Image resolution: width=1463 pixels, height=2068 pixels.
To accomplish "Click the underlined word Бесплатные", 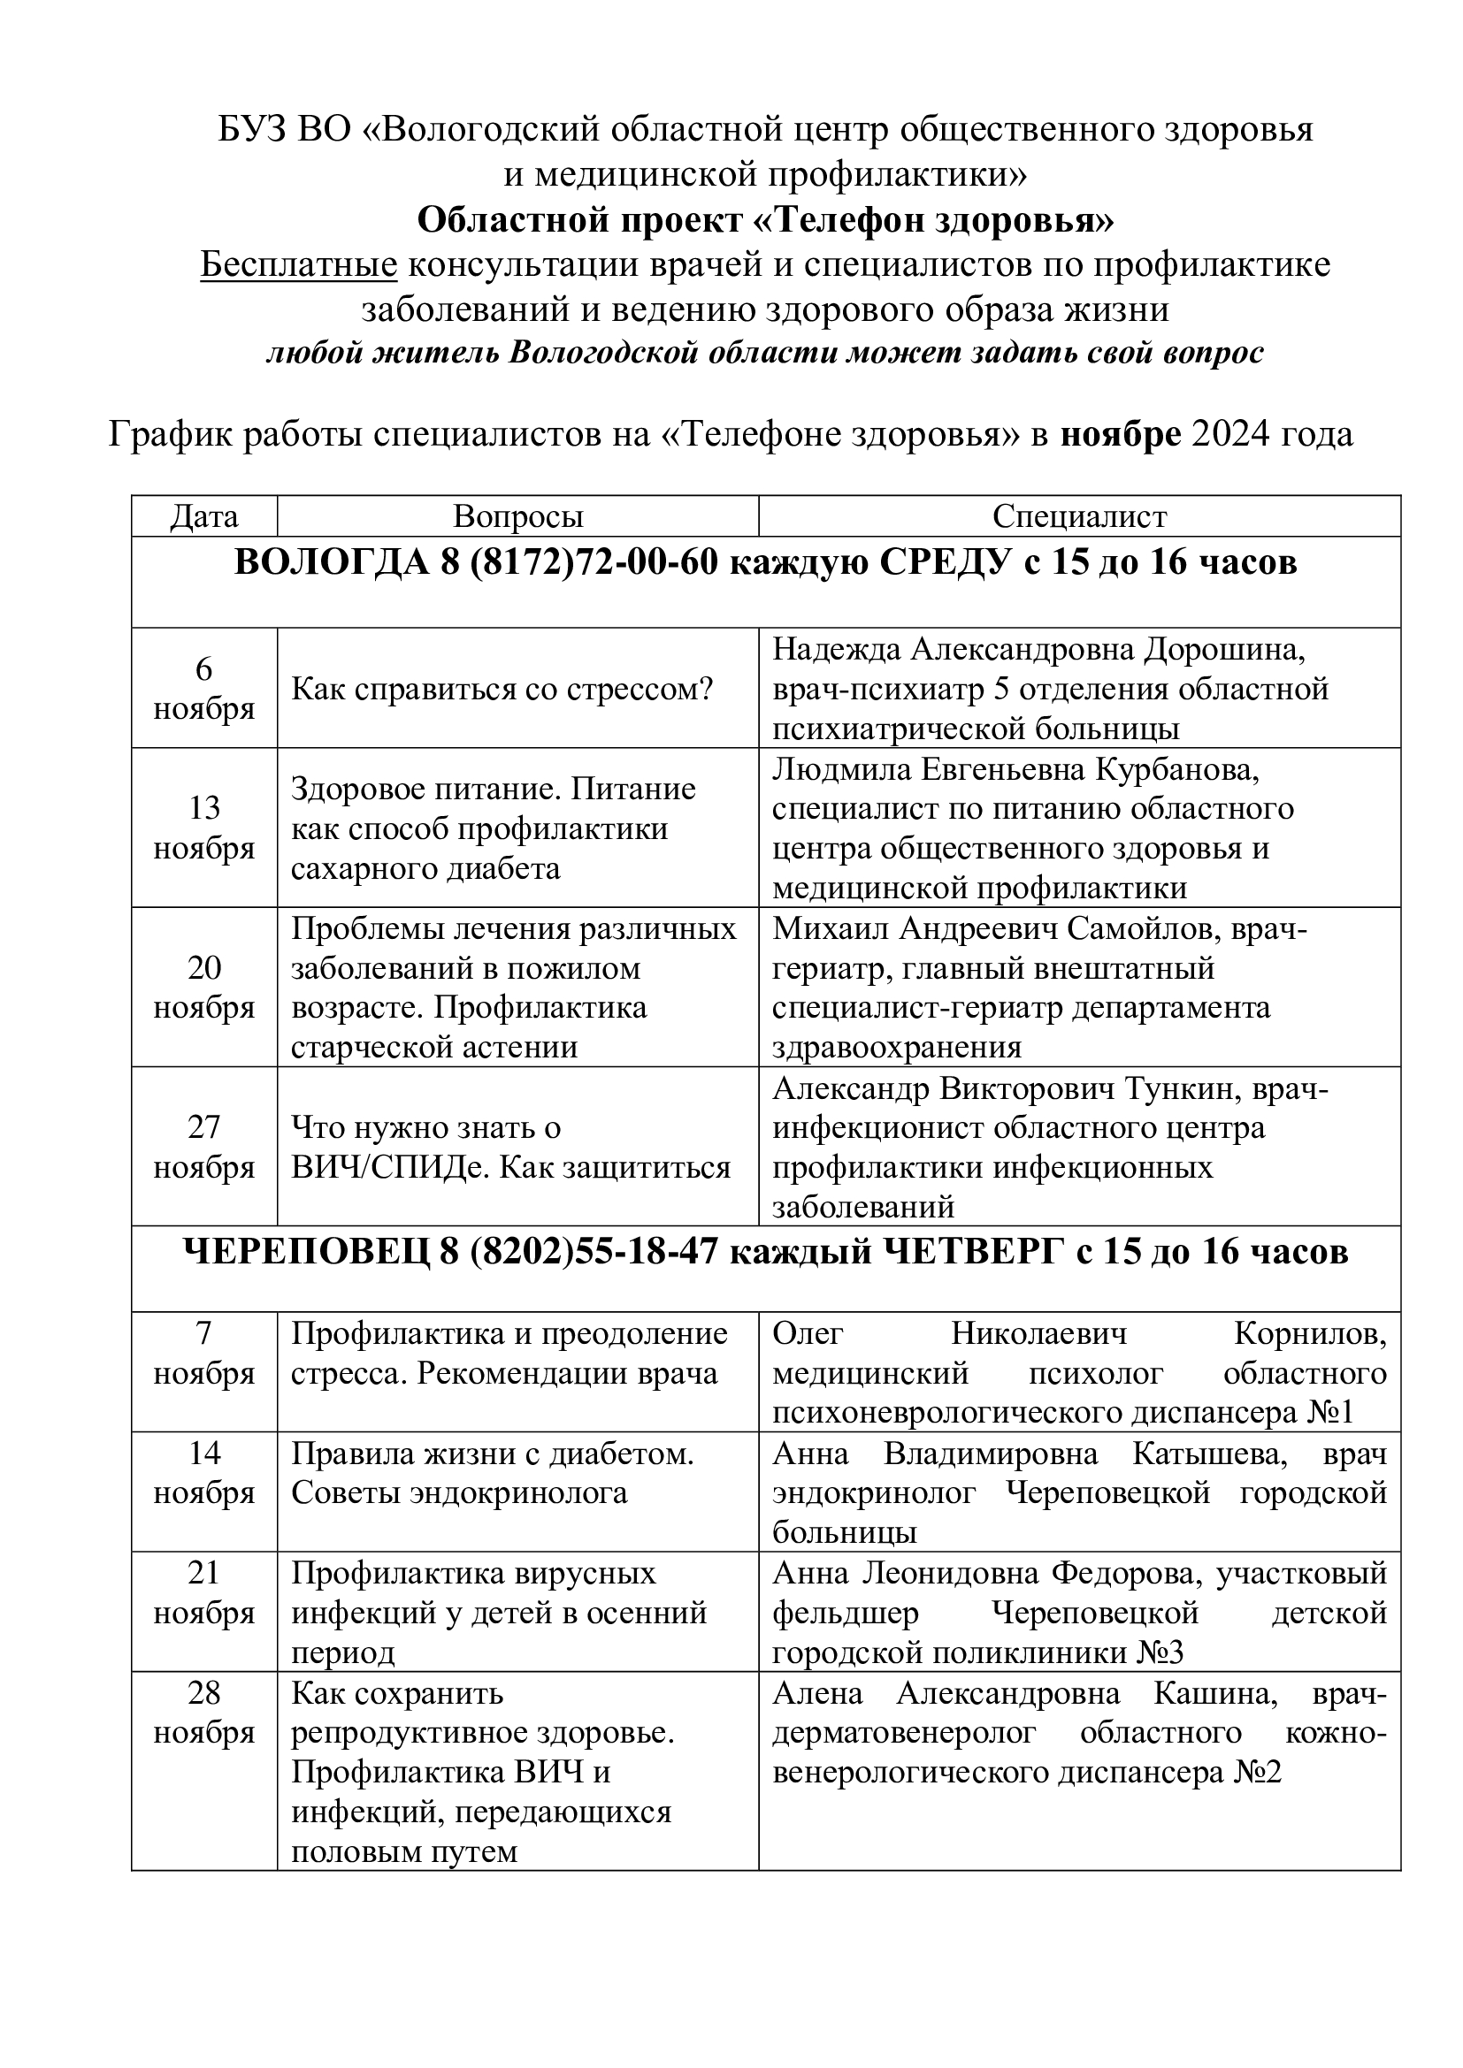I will point(298,265).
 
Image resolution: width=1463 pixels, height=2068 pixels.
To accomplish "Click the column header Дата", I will point(204,516).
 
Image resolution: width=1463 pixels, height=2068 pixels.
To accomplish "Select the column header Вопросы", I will point(518,516).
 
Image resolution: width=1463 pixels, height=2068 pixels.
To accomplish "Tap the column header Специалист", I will point(1079,516).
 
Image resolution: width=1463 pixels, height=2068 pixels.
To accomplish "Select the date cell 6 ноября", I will point(204,689).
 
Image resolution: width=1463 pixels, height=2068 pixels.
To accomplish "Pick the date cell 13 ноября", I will point(204,828).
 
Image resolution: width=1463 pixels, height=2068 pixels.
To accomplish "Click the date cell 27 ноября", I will point(204,1147).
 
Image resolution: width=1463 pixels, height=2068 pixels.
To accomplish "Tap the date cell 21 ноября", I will point(204,1592).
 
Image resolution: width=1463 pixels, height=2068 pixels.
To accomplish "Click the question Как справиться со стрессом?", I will point(502,690).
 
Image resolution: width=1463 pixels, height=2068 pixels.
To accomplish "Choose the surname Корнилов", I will point(1310,1333).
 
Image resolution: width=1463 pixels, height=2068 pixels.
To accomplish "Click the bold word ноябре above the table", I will point(1121,435).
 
